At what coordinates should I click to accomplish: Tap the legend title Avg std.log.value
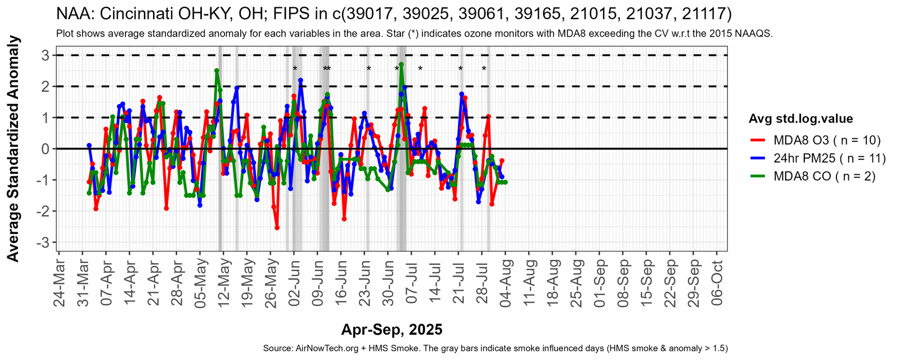[x=800, y=119]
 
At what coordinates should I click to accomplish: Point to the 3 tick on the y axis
[x=44, y=55]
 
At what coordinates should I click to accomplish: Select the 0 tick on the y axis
[x=44, y=148]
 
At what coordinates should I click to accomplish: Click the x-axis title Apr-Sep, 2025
[x=391, y=330]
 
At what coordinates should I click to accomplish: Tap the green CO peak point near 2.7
[x=401, y=64]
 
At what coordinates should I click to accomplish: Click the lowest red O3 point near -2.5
[x=277, y=228]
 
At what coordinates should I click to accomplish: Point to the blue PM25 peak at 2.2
[x=300, y=80]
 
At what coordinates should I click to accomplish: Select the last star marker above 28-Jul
[x=484, y=69]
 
